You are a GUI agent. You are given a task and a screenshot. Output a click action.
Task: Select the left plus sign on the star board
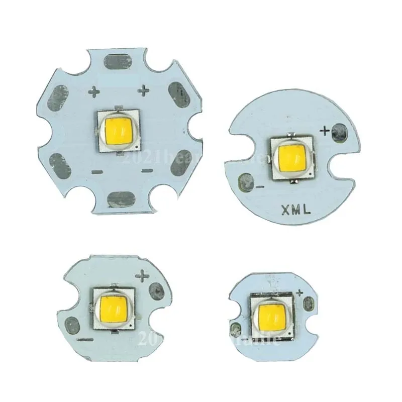coord(95,91)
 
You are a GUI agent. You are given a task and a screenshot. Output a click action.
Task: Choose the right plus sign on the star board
coord(145,90)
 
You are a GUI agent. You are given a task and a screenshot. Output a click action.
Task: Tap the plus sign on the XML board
coord(324,132)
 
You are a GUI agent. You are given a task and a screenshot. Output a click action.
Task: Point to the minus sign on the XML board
coord(259,186)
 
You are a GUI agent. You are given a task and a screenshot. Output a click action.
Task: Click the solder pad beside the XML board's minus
coord(247,181)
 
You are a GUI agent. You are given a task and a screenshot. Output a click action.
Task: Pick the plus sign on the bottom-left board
coord(143,276)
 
